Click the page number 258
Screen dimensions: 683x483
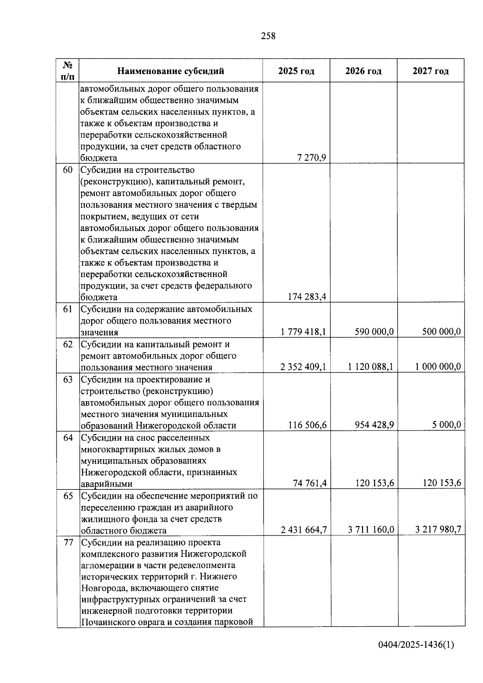click(x=268, y=36)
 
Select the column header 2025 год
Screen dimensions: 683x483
click(x=296, y=71)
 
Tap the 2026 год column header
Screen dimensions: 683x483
click(x=363, y=71)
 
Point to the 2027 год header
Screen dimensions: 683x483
click(x=431, y=71)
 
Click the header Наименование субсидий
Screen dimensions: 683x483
click(x=171, y=71)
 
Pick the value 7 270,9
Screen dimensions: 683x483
click(x=312, y=157)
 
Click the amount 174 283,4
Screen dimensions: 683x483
click(x=307, y=297)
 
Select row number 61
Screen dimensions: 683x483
click(x=68, y=309)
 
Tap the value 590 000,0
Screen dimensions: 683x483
click(x=374, y=332)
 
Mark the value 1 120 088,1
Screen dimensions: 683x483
click(x=371, y=367)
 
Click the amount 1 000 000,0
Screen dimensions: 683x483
click(x=438, y=367)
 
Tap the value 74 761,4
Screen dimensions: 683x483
click(x=310, y=483)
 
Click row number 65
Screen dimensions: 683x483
click(x=68, y=496)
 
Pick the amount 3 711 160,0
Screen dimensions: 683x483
click(x=371, y=530)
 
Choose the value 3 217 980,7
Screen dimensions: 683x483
click(x=438, y=530)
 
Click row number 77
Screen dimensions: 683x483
click(x=68, y=543)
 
